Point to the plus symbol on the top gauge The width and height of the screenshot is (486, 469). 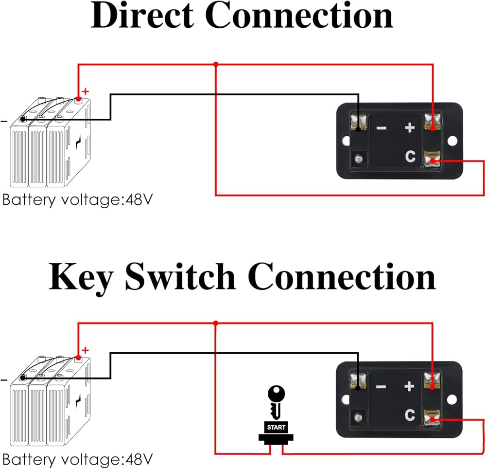coord(410,128)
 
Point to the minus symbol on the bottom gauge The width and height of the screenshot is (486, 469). coord(382,387)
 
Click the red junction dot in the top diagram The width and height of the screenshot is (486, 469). coord(215,64)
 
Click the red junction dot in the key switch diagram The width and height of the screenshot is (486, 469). coord(215,323)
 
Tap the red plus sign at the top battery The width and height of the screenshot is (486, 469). coord(86,91)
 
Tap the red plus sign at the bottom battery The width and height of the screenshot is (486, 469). coord(86,349)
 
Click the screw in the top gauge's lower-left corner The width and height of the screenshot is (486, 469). coord(358,159)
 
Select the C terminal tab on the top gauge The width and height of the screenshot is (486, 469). coord(432,160)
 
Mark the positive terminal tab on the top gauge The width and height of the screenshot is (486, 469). coord(432,122)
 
